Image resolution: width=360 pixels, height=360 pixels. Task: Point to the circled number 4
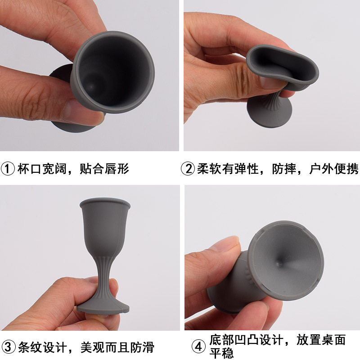198,347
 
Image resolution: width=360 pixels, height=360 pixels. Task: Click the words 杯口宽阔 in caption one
40,169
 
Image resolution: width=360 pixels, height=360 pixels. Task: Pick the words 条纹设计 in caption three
40,347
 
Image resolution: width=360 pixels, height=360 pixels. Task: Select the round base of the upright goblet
103,307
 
